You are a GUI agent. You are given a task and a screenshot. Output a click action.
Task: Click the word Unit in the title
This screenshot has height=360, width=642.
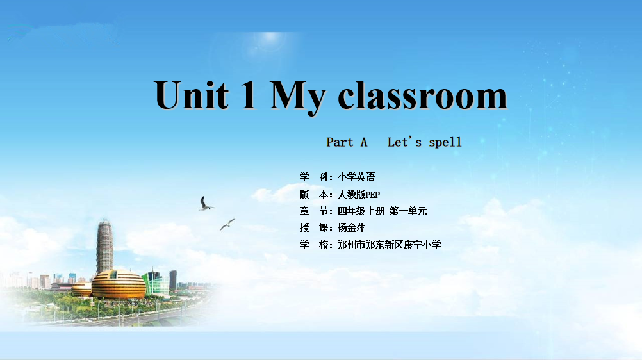pos(192,95)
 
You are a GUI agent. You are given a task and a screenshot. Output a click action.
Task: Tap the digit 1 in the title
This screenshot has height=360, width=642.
pos(248,95)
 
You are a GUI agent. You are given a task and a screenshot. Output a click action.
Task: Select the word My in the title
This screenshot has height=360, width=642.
pos(297,98)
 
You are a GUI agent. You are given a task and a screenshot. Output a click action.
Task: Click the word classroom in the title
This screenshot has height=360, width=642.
pos(422,95)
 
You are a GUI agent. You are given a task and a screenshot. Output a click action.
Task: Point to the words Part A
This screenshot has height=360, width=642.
pos(347,142)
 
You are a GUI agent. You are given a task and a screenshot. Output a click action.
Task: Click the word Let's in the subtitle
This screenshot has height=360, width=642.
pos(404,142)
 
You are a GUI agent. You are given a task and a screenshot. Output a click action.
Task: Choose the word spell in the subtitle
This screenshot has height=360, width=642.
pos(445,142)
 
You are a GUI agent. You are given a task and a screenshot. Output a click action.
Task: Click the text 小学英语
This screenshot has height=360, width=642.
pos(356,177)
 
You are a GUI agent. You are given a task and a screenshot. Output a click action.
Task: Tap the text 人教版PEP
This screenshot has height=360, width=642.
pos(359,194)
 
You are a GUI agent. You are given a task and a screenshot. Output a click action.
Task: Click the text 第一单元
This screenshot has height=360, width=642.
pos(408,211)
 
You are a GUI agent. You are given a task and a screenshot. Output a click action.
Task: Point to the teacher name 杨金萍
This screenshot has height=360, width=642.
pos(351,227)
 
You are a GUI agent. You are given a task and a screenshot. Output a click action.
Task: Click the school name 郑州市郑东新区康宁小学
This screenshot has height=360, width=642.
pos(389,245)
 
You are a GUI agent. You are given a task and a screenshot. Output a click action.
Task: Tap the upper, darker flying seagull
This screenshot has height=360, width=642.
pos(205,204)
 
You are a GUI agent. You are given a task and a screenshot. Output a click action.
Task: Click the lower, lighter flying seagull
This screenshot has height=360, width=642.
pos(227,224)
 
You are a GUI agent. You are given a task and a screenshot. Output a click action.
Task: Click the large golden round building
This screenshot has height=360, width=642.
pos(119,284)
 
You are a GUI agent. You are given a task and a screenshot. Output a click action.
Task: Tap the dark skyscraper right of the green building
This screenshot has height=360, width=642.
pos(173,280)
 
